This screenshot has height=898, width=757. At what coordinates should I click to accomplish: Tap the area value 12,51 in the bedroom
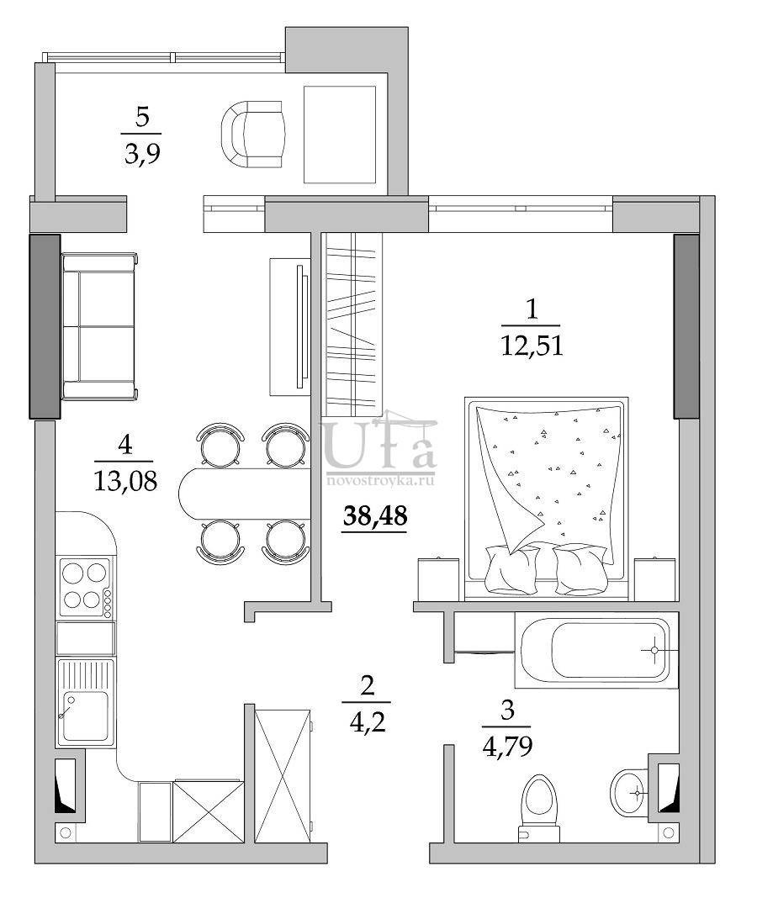[530, 345]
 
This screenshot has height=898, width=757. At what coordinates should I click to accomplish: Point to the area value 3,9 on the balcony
[141, 153]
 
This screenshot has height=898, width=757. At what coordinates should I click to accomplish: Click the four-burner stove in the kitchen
[85, 586]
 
